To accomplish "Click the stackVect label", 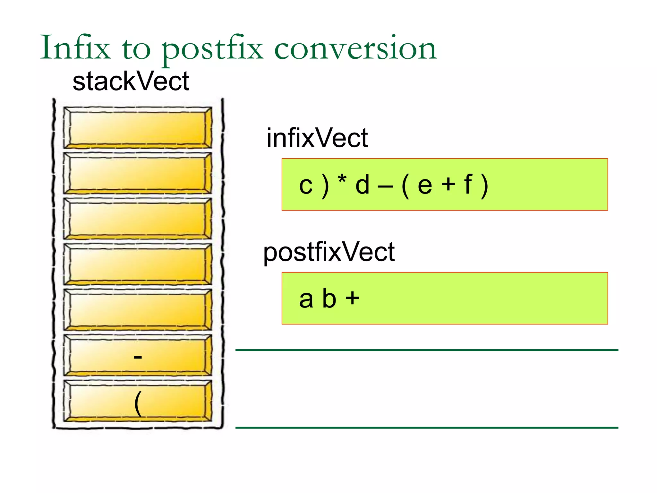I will click(x=131, y=82).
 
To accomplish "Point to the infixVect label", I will click(x=317, y=138).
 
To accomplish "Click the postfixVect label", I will click(x=329, y=252).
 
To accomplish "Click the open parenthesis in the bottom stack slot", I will click(x=138, y=403).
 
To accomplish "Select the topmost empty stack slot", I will click(x=138, y=128).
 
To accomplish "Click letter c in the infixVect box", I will click(x=306, y=186).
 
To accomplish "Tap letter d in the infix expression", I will click(x=363, y=185).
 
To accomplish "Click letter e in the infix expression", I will click(x=425, y=186).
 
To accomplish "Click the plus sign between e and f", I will click(x=448, y=185).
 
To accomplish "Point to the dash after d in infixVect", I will click(x=385, y=186).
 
